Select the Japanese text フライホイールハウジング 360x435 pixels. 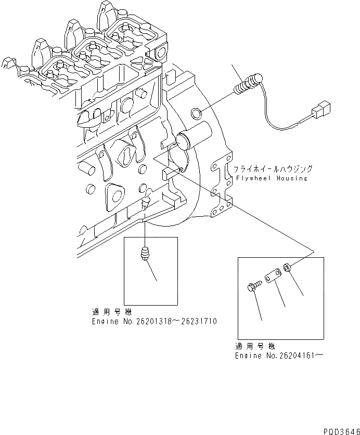pos(273,169)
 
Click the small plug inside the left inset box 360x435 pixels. pos(146,254)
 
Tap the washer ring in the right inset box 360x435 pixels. pos(287,269)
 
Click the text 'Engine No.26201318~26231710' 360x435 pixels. pos(155,322)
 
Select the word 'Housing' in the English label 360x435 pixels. pos(291,178)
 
